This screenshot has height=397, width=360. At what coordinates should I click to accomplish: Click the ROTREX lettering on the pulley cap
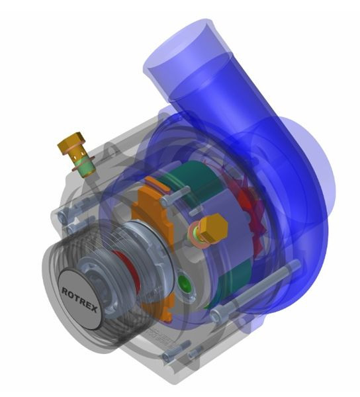pos(79,300)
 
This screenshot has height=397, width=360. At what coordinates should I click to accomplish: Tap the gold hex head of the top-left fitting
pos(71,142)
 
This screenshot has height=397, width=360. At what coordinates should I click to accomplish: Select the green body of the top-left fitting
pos(85,167)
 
